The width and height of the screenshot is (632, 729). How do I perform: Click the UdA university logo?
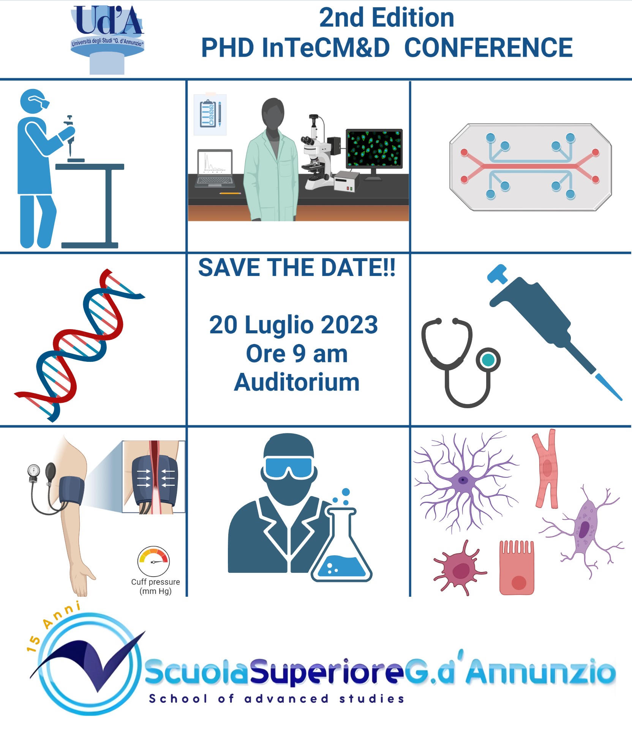[107, 40]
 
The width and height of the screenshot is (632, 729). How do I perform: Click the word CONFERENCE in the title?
[488, 48]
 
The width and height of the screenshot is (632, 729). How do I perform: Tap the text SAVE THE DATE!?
[297, 267]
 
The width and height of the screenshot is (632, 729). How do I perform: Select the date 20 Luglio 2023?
[294, 325]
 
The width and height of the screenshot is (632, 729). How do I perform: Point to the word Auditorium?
[297, 382]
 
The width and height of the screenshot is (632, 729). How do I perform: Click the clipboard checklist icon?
[210, 114]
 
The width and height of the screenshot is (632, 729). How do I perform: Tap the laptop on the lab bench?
[215, 168]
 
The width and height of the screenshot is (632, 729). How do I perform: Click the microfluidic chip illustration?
[530, 167]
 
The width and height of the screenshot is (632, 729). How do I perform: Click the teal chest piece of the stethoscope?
[488, 360]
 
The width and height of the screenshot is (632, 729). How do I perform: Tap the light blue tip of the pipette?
[608, 387]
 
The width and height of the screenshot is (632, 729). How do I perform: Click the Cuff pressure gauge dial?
[153, 561]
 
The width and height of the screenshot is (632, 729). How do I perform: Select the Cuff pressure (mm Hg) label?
[155, 586]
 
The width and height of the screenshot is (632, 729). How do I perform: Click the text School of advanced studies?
[276, 699]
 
